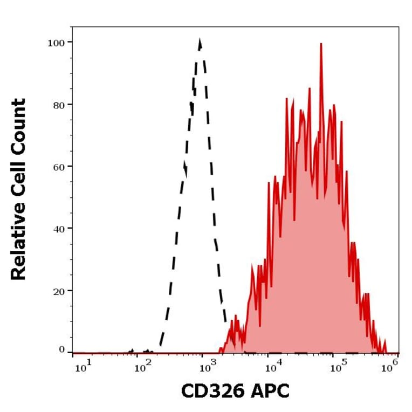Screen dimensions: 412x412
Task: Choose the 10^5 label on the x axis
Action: pos(337,368)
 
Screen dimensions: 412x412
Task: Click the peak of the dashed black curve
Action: pos(200,40)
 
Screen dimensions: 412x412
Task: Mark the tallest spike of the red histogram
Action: pos(321,44)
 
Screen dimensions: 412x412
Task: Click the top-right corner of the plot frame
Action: pos(399,26)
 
